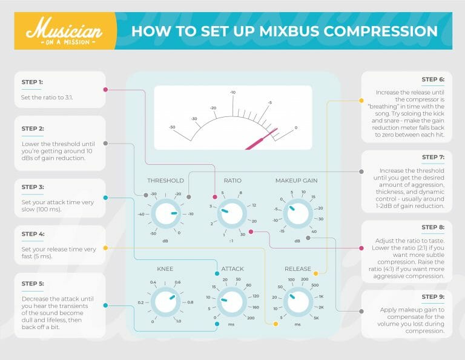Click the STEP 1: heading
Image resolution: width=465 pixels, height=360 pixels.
31,82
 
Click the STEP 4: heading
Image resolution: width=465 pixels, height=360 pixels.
31,233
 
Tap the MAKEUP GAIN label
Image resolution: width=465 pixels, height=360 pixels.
297,181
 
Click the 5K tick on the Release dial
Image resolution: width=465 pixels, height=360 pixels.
315,318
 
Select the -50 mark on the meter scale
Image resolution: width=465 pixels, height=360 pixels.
173,128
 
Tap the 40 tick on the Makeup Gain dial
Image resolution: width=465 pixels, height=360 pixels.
314,232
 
